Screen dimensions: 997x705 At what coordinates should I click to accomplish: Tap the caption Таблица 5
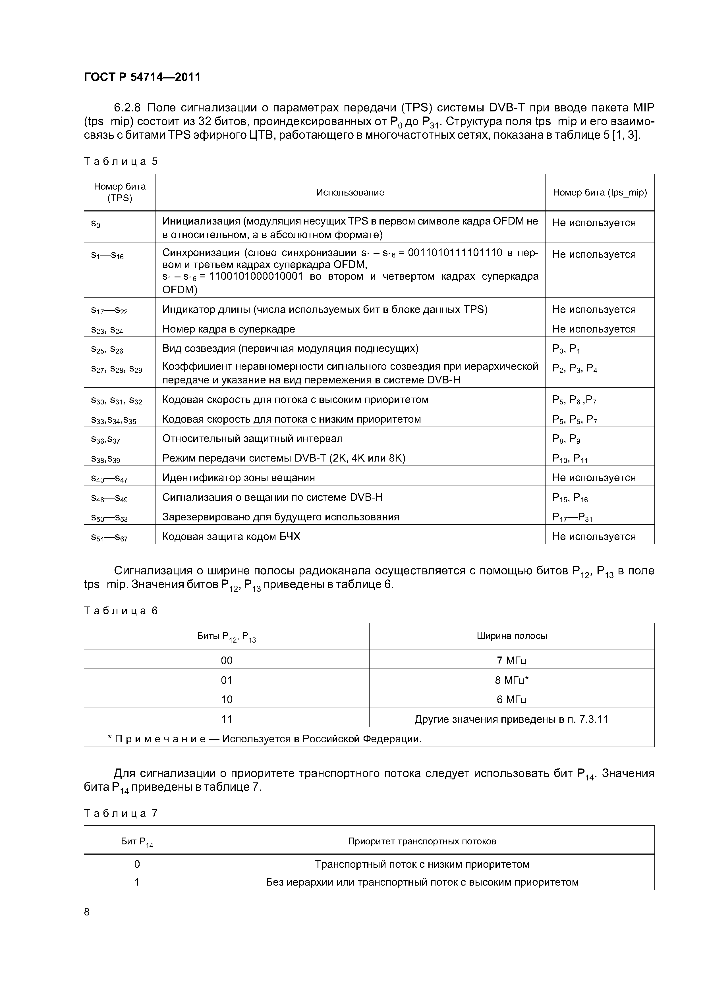(x=121, y=161)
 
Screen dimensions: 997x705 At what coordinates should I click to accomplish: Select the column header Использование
(x=350, y=192)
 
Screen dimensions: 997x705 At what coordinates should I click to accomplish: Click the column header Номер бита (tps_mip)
(x=600, y=192)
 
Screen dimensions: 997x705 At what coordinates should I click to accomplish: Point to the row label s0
(x=96, y=224)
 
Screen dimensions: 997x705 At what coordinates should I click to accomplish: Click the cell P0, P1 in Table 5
(x=566, y=349)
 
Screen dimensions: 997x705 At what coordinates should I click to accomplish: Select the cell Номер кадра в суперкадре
(x=229, y=329)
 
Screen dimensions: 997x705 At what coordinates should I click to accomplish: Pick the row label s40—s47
(x=109, y=479)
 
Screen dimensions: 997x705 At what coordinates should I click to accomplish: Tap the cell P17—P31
(x=572, y=517)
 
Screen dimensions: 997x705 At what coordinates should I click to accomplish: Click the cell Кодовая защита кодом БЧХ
(x=231, y=537)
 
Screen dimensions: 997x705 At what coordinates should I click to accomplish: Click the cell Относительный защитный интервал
(x=252, y=439)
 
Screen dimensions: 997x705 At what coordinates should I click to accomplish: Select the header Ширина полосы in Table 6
(x=512, y=636)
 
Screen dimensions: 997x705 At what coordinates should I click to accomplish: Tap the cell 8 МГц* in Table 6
(x=512, y=680)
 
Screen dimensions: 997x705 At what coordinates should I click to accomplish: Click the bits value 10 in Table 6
(x=227, y=699)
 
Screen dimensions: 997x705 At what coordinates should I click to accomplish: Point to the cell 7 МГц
(x=512, y=661)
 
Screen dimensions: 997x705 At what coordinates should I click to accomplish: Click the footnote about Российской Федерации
(x=265, y=739)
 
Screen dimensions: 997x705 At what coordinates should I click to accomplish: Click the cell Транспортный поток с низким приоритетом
(x=422, y=864)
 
